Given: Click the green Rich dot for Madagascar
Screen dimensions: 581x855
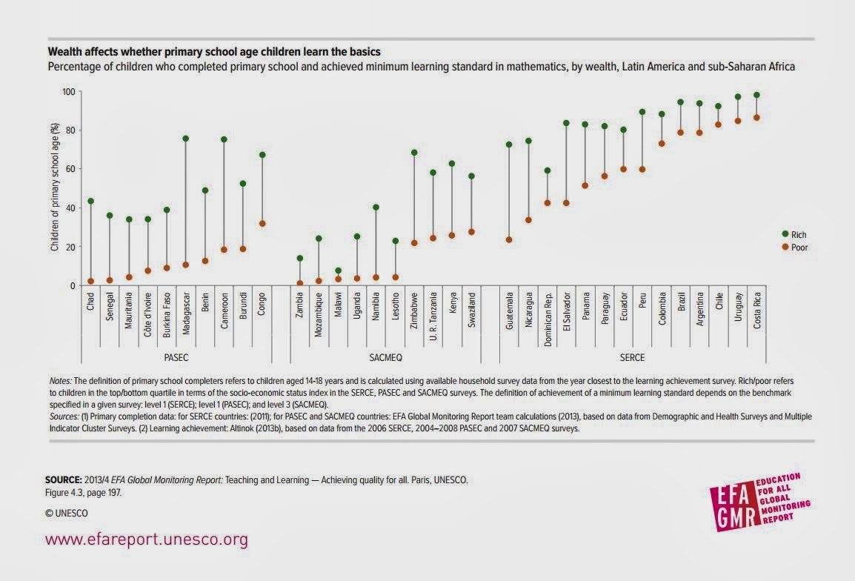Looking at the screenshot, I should pyautogui.click(x=186, y=139).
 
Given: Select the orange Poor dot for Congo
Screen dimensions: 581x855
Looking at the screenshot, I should pyautogui.click(x=262, y=223).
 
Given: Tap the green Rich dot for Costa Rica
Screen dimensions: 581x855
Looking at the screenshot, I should pyautogui.click(x=756, y=96).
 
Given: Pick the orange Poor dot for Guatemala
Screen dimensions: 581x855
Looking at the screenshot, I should pyautogui.click(x=509, y=239).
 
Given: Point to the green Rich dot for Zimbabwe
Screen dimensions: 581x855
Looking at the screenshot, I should pyautogui.click(x=414, y=153).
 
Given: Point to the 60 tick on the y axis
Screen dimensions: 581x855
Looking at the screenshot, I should pyautogui.click(x=71, y=169).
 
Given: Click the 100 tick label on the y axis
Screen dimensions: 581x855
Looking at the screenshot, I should pyautogui.click(x=69, y=91).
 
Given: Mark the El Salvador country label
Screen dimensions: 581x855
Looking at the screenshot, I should pyautogui.click(x=566, y=312).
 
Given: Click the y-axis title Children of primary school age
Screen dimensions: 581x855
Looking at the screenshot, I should pyautogui.click(x=55, y=188).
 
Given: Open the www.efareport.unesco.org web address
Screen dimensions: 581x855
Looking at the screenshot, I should pyautogui.click(x=147, y=539).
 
